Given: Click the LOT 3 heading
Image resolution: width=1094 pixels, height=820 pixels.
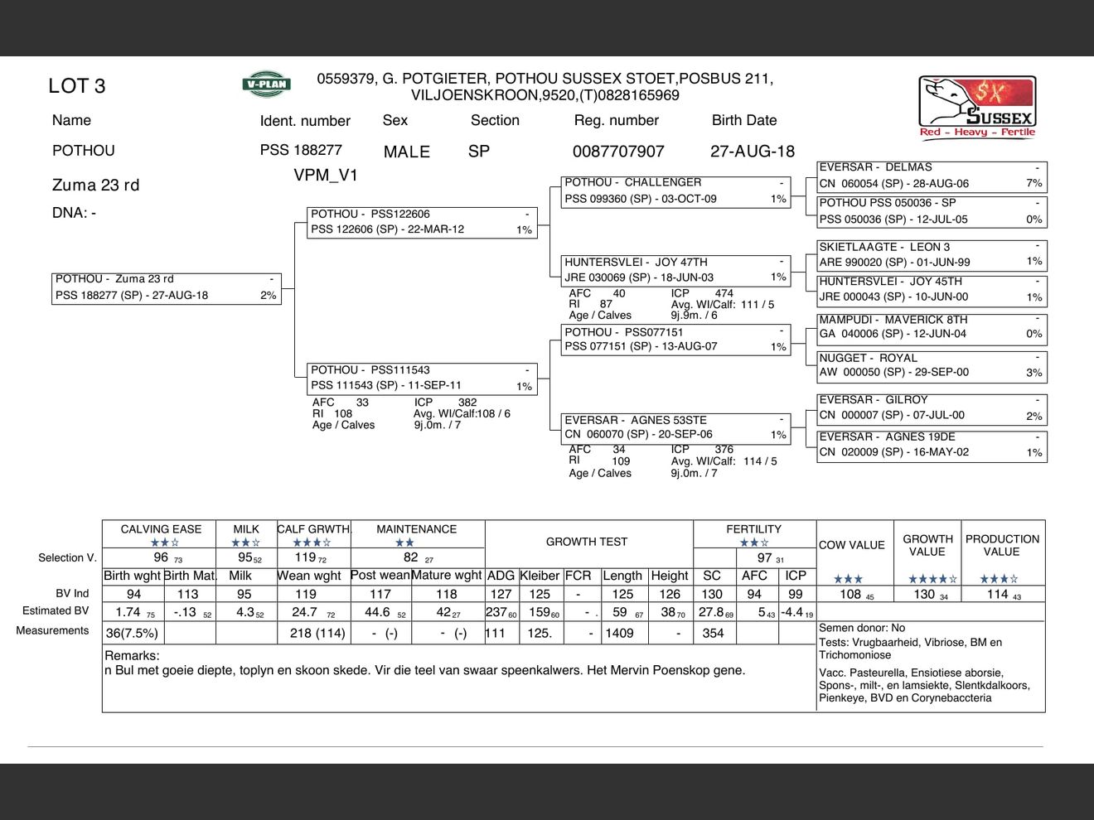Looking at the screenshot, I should point(76,86).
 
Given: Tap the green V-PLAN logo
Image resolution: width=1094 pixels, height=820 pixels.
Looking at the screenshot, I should point(266,84).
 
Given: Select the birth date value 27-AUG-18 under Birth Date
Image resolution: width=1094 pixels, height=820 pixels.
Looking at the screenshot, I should point(752,152).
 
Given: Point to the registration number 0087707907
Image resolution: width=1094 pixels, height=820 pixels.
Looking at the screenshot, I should point(618,152).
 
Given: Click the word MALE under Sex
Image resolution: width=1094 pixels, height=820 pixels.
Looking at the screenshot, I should point(406,152).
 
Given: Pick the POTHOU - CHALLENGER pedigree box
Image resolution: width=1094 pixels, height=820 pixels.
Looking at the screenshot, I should point(675,191).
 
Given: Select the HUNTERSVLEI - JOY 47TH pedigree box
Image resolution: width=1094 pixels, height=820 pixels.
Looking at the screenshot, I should point(675,270).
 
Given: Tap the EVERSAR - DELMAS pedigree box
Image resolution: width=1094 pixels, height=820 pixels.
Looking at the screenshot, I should point(932,176).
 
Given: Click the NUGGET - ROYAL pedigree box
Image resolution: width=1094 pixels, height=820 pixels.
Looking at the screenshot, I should point(932,365).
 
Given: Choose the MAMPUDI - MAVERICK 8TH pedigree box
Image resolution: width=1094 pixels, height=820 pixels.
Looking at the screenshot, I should point(932,327).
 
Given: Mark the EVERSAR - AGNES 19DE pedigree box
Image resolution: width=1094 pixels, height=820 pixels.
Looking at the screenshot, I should point(932,445).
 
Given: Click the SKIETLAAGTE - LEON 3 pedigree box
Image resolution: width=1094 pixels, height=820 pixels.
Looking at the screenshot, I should point(932,254).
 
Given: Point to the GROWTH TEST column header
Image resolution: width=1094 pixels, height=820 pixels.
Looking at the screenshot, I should point(586,542).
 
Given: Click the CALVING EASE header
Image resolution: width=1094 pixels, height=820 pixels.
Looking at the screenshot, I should point(161,529).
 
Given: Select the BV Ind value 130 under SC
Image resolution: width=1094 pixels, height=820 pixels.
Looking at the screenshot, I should point(711,594).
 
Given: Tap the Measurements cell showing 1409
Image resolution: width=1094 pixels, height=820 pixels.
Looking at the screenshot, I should point(619,633).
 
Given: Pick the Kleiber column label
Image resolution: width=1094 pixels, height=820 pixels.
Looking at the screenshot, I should point(540,576).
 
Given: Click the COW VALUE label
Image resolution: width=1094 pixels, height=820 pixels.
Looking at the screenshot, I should point(851,545).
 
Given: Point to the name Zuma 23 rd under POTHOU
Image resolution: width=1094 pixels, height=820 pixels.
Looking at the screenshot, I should point(95,185).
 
